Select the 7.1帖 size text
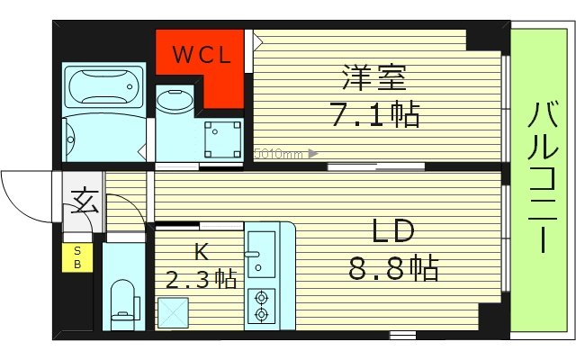point(375,115)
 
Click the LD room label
point(392,232)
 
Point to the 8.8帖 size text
point(394,267)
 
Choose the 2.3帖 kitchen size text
point(202,279)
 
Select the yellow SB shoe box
point(76,257)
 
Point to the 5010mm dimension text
point(280,153)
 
